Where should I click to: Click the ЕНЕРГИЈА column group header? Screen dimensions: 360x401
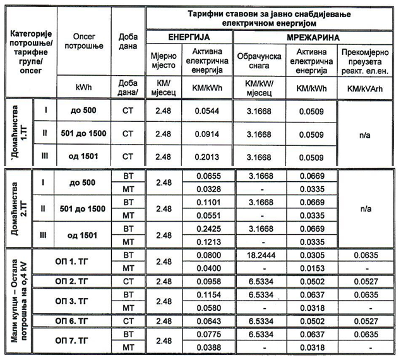click(x=189, y=37)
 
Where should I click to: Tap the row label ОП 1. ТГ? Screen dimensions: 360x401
click(x=75, y=260)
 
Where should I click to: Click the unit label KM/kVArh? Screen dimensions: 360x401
click(x=366, y=87)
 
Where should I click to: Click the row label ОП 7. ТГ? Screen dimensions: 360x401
click(x=75, y=340)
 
